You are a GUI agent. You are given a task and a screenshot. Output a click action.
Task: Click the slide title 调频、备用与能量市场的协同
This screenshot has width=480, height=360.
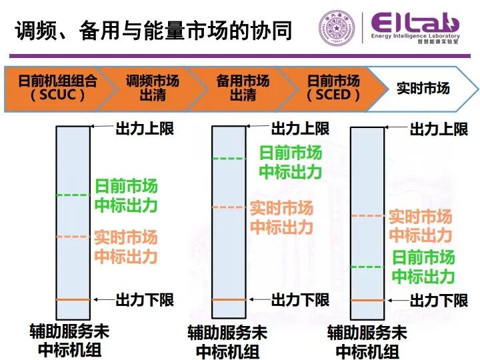153,30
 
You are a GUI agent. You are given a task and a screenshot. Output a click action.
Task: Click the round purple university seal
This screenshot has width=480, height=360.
337,30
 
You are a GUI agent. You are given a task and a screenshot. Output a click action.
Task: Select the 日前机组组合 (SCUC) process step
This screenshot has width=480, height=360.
57,87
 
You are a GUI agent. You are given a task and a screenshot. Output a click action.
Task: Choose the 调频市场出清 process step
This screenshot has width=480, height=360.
153,87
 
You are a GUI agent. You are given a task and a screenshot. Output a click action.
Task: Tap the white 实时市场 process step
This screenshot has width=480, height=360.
423,87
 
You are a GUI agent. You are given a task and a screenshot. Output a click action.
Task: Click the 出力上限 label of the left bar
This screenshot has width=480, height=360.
145,127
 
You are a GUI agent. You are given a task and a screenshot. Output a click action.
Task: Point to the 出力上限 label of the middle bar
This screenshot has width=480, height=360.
300,127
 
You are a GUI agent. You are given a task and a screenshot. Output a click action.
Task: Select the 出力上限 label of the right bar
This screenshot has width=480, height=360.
439,129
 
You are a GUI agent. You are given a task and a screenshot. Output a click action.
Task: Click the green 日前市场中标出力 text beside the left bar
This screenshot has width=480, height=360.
126,195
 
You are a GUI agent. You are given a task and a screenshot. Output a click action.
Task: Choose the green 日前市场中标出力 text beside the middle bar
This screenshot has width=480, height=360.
290,162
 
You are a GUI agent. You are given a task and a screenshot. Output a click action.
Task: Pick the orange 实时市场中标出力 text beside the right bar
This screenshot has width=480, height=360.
420,226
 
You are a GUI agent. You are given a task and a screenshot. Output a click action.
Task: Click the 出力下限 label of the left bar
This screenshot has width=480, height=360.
145,299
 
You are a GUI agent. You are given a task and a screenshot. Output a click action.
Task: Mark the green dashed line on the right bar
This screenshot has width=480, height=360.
367,267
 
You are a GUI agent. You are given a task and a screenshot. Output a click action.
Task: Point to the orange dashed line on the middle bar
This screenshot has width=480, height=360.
229,207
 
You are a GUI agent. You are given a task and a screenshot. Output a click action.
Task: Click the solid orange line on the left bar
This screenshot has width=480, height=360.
73,299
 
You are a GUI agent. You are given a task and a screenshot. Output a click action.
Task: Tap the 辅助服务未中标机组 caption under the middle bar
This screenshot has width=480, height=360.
227,341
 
